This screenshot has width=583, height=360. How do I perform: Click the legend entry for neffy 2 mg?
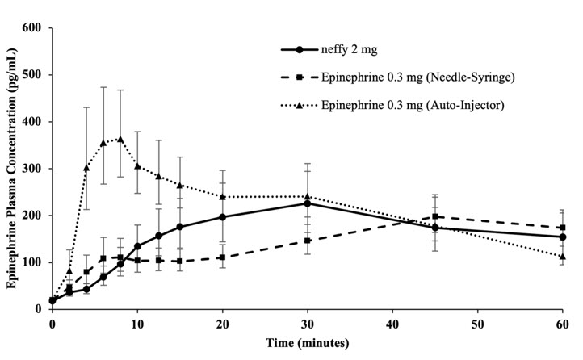(x=346, y=49)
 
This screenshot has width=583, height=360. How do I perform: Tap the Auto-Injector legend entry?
(x=409, y=106)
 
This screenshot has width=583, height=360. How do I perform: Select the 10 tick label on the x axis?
(x=137, y=324)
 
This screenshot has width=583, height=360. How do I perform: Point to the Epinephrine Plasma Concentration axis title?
(x=11, y=167)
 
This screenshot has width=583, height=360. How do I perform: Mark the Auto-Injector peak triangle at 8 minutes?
(x=120, y=139)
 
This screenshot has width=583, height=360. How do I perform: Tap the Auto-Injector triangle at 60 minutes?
(x=562, y=257)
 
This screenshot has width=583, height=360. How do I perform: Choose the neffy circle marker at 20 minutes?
(x=222, y=217)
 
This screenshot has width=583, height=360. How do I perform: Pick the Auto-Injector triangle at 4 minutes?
(x=86, y=168)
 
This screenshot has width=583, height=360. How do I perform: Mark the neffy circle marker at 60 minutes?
(x=562, y=237)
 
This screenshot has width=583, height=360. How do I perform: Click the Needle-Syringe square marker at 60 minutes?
(x=562, y=228)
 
